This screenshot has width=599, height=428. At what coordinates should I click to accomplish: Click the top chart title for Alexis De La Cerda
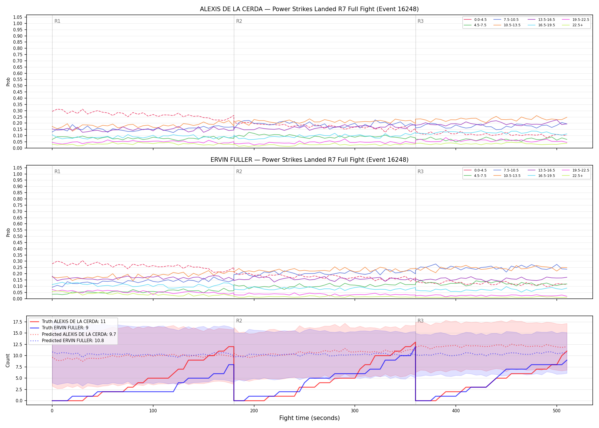click(x=309, y=9)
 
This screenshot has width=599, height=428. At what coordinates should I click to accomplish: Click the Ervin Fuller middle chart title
click(x=309, y=160)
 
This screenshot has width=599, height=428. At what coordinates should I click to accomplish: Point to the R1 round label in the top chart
click(x=57, y=21)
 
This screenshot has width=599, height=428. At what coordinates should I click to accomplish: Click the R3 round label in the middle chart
click(x=420, y=171)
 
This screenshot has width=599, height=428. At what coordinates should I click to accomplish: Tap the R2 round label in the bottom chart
click(x=239, y=321)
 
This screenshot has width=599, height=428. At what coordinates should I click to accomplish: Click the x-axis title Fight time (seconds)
click(x=309, y=418)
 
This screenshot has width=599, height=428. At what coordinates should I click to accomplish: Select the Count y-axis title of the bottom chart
click(x=8, y=360)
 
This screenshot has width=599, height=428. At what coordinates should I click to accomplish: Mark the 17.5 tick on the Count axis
click(x=18, y=322)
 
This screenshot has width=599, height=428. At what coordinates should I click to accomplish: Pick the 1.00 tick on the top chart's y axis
click(x=18, y=24)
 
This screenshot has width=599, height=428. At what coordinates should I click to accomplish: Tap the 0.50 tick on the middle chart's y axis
click(x=18, y=236)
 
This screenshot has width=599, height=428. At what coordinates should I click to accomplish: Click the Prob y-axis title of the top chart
click(x=8, y=82)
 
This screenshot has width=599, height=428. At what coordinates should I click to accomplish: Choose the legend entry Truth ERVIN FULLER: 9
click(x=65, y=328)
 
